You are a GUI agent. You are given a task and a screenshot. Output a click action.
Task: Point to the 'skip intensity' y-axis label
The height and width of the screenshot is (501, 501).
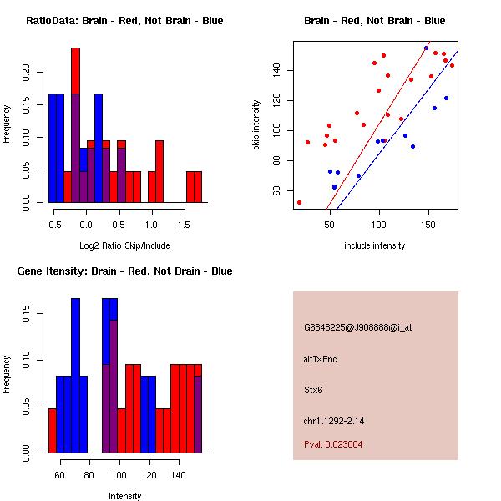point(257,124)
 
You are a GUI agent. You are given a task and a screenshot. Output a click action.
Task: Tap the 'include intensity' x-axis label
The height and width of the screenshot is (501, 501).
point(374,245)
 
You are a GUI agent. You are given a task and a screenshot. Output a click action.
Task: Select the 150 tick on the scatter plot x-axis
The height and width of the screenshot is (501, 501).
point(428,224)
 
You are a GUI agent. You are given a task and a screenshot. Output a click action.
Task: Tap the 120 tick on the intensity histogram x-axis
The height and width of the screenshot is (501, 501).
point(149,474)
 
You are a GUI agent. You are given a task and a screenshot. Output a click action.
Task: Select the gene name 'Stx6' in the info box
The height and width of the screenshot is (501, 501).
point(313,390)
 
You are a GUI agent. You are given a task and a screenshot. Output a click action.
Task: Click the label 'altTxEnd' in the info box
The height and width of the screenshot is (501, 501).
point(321,359)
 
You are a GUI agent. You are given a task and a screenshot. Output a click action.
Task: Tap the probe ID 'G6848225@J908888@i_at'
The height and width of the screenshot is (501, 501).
point(357,327)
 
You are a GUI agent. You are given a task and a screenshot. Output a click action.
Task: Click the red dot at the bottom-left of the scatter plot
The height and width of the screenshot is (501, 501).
point(299,202)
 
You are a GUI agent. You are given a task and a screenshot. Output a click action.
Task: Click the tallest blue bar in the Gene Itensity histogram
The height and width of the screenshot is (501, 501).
point(75,376)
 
